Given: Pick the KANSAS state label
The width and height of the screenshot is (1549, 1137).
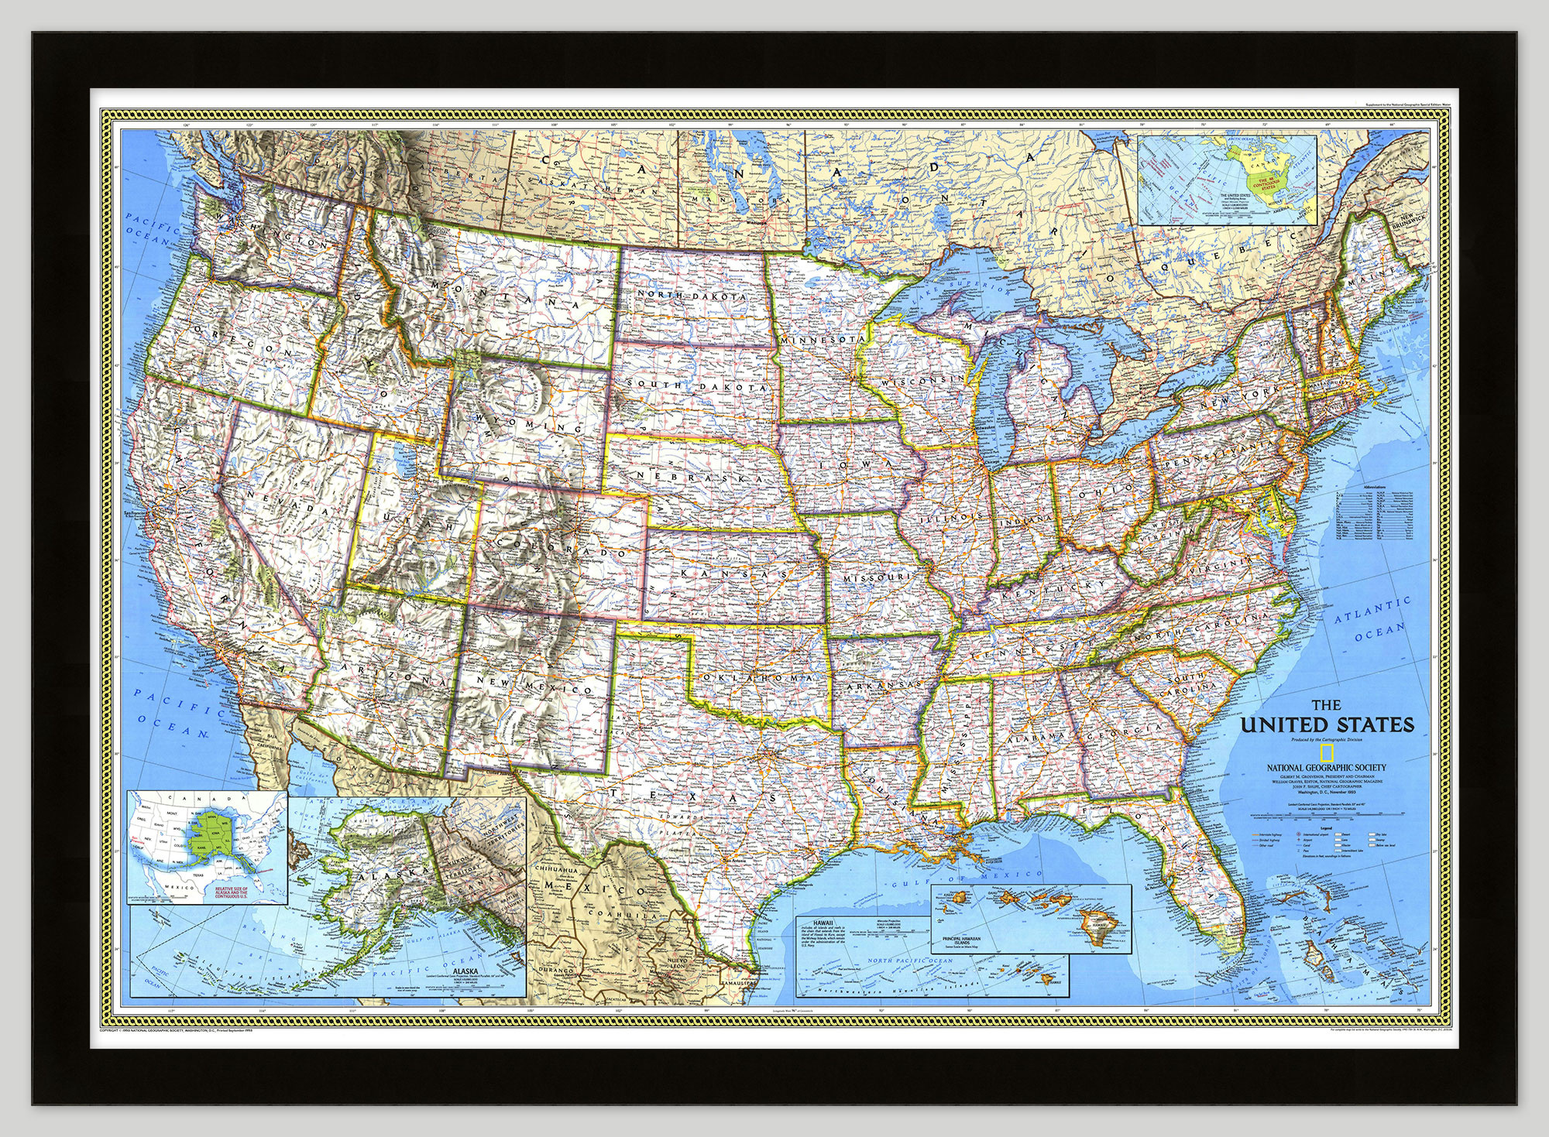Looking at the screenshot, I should click(x=733, y=574).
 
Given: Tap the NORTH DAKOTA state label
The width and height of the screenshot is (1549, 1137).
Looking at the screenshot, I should click(x=692, y=296).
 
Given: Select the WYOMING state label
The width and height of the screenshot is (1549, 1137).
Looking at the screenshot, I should click(x=530, y=423).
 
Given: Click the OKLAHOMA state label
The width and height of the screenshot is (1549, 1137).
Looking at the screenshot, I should click(x=757, y=676).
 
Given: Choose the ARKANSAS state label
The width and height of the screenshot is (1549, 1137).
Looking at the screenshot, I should click(x=881, y=686).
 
